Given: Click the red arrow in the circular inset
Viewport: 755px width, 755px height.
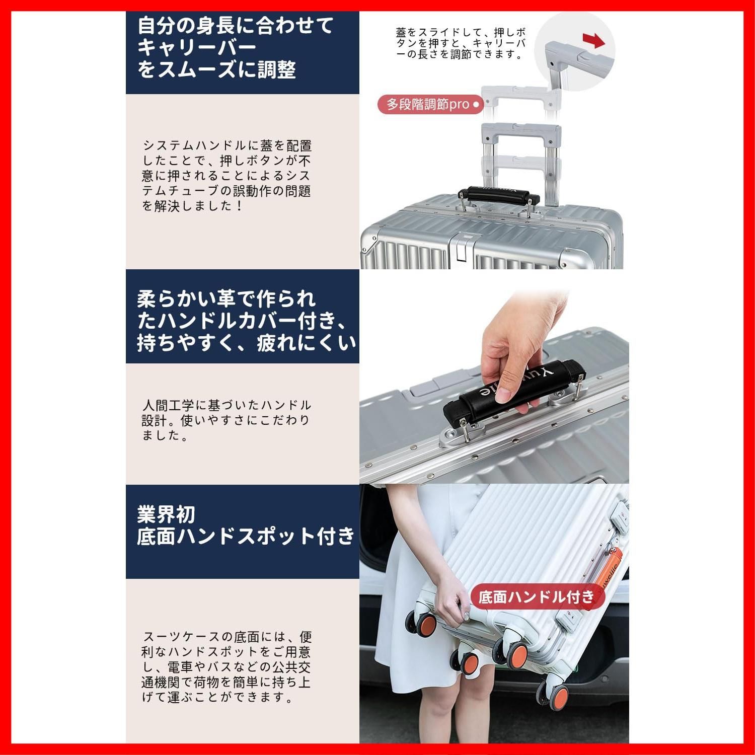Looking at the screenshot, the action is pyautogui.click(x=594, y=41).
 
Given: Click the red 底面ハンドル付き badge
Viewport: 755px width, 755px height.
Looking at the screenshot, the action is pyautogui.click(x=537, y=597).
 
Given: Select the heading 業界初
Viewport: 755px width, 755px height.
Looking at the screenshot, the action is pyautogui.click(x=166, y=514).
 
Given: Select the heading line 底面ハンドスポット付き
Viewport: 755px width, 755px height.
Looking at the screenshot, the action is pyautogui.click(x=246, y=537).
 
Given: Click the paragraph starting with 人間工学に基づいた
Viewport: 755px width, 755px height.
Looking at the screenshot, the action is pyautogui.click(x=226, y=420).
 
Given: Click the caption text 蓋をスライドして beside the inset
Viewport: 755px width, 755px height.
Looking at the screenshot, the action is pyautogui.click(x=461, y=43).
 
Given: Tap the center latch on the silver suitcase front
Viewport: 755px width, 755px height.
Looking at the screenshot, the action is pyautogui.click(x=461, y=247).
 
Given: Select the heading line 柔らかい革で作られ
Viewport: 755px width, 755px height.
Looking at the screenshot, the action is pyautogui.click(x=226, y=299).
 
